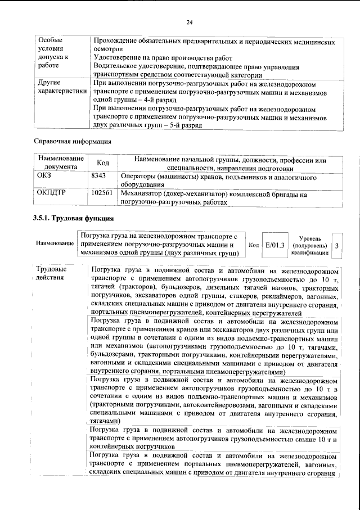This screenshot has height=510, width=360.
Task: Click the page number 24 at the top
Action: [x=189, y=22]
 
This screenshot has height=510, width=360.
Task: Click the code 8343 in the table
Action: [x=98, y=177]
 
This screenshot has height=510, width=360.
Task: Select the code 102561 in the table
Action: [x=102, y=194]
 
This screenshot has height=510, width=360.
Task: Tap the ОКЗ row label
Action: [x=44, y=177]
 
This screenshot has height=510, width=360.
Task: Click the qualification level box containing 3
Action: [x=336, y=246]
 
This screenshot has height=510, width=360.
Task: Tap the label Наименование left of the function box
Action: [x=55, y=243]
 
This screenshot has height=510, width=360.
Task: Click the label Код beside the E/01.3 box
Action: [x=254, y=246]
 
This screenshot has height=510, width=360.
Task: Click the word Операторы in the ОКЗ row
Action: [x=138, y=177]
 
